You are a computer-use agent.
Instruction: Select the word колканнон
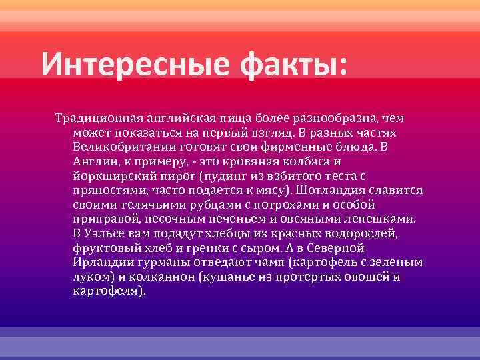pyautogui.click(x=148, y=276)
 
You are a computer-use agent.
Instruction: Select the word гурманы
pyautogui.click(x=157, y=261)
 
